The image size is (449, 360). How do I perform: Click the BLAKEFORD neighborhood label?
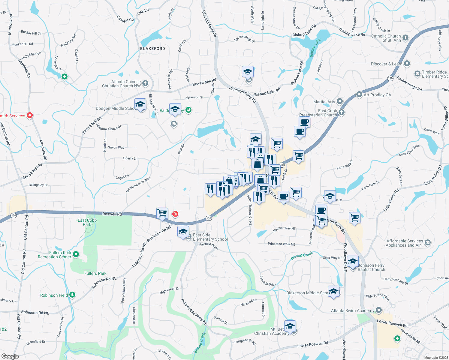coord(152,49)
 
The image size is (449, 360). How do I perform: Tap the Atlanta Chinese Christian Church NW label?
coord(121,84)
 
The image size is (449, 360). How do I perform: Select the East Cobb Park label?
coord(87,222)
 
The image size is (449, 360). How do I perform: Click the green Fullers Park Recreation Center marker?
coord(76,254)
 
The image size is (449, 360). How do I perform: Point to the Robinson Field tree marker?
coord(72,295)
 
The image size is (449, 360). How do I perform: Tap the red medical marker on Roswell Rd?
coord(175,214)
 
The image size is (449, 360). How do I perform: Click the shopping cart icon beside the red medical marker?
coord(162,213)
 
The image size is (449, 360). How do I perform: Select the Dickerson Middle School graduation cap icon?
coord(333,291)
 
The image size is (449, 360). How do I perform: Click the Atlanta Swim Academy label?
coord(353,310)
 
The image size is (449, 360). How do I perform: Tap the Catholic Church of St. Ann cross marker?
coord(405,37)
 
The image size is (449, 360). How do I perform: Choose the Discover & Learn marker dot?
coord(407,64)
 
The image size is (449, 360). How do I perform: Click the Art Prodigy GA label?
coord(377,95)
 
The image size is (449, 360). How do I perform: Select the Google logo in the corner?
coord(10,356)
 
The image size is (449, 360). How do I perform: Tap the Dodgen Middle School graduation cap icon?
coord(140,104)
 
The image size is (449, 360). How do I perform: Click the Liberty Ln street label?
coord(130,158)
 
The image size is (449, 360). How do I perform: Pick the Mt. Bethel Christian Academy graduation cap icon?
coord(290,326)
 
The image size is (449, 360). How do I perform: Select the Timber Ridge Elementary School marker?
coord(417,73)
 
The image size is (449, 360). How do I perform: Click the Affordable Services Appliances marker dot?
coord(428,242)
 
